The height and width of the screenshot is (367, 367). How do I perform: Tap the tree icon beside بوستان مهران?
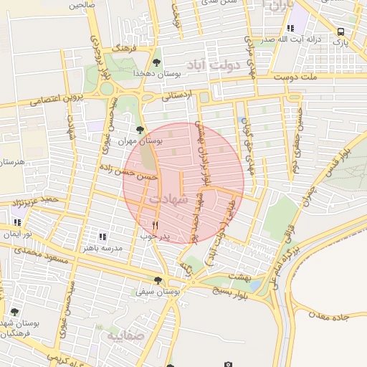(140, 130)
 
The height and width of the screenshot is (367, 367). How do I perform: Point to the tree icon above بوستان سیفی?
(158, 280)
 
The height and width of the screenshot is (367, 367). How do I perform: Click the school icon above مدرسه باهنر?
(103, 236)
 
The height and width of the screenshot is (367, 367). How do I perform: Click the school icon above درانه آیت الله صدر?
(290, 29)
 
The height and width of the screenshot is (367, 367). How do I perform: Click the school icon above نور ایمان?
(16, 223)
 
